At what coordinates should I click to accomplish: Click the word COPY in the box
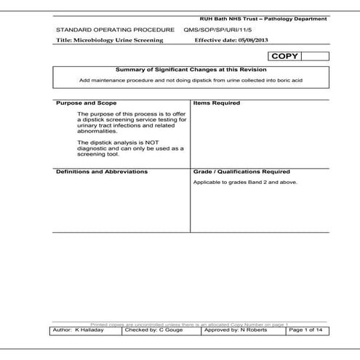(284, 56)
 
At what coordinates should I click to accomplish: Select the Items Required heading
(217, 103)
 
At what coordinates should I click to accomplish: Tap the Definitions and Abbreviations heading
(102, 172)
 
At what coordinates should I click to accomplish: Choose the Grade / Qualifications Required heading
(241, 172)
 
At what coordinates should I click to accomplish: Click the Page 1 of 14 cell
(308, 330)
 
